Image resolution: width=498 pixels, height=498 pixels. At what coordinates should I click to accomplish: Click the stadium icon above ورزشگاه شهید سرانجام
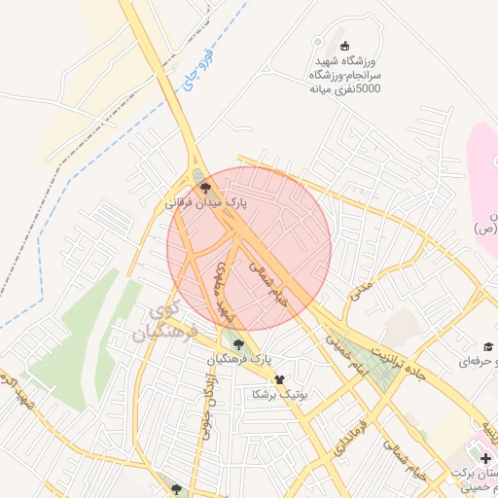click(343, 46)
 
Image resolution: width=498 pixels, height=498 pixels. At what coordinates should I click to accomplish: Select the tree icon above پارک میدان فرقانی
click(202, 188)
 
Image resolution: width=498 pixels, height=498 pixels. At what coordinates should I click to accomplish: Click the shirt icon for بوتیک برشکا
click(280, 378)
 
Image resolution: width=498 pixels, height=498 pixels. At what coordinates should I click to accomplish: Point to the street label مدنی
click(361, 291)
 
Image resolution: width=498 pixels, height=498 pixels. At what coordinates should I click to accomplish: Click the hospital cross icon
click(485, 457)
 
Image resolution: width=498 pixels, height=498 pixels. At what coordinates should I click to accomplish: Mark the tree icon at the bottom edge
click(175, 490)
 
